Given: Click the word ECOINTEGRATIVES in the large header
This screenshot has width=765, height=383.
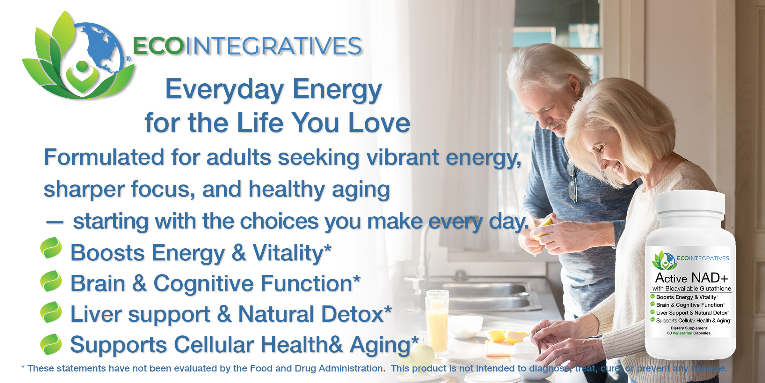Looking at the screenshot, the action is [247, 46].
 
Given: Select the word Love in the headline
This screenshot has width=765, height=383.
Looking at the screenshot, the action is [379, 123].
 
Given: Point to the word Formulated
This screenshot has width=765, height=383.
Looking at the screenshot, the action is [104, 157].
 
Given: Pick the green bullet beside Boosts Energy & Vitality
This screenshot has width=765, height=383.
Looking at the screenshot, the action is [51, 248].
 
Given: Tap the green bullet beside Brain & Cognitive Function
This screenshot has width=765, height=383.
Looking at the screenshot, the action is [51, 281].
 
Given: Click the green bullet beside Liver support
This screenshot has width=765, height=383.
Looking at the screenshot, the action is [51, 312].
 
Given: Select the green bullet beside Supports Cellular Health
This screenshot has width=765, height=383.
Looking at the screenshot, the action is [51, 344].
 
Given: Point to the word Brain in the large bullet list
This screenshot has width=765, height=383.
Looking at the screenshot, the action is [98, 283].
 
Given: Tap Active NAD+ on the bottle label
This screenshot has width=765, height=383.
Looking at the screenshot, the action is [691, 278].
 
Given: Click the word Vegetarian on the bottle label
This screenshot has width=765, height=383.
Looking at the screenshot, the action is [682, 333].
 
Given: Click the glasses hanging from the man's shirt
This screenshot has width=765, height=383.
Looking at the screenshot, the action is [572, 182].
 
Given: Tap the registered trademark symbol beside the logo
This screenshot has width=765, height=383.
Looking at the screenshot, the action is [128, 58].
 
